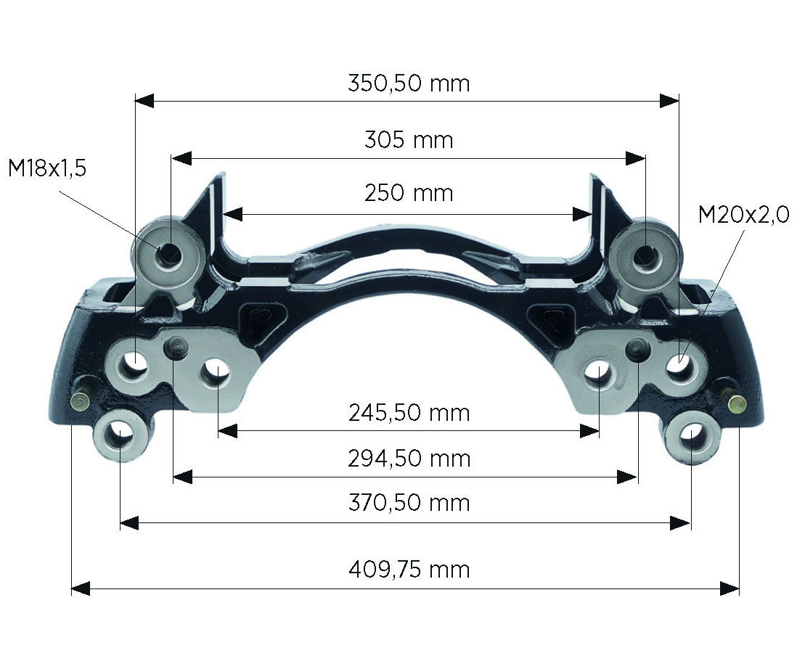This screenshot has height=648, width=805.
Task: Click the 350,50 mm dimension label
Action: point(409,83)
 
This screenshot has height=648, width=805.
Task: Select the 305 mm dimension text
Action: point(409,139)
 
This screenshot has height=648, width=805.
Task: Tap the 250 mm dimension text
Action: point(409,193)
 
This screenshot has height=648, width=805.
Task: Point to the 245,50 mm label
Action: point(409,412)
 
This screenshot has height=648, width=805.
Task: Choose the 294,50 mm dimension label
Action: point(409,458)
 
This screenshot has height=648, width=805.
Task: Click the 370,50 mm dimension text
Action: point(409,502)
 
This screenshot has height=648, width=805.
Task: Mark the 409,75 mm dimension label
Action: point(409,569)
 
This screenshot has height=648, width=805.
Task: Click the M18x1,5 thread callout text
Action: point(47,168)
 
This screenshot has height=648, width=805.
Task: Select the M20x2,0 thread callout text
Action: point(743,215)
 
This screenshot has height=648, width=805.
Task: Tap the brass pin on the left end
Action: point(80,401)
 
